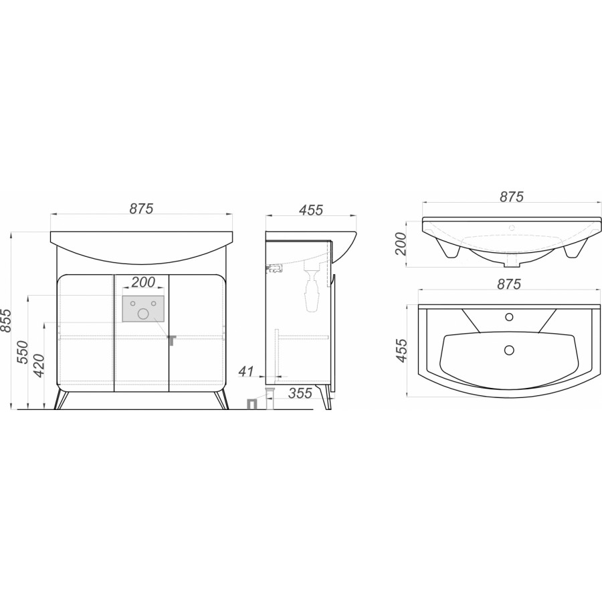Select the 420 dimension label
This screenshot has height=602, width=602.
tap(39, 367)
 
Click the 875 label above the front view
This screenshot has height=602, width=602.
tap(141, 209)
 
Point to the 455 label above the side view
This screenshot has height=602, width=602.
tap(310, 210)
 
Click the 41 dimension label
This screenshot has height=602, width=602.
tap(246, 371)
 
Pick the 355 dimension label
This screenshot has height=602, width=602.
tap(300, 393)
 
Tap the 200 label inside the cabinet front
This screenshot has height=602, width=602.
tap(143, 282)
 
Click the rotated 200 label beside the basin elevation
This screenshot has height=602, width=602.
tap(401, 243)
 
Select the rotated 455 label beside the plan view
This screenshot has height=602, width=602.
tap(401, 350)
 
